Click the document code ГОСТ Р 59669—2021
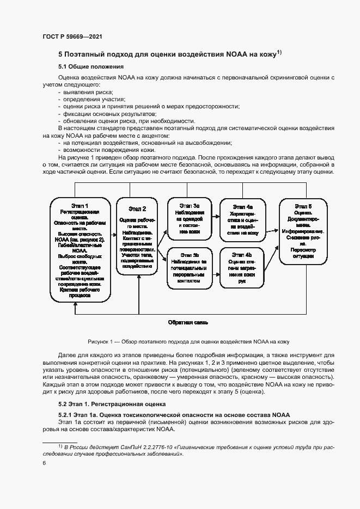(72, 36)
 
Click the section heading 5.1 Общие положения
(89, 66)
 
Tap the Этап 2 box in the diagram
(137, 237)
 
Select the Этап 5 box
(303, 231)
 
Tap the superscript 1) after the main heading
(278, 52)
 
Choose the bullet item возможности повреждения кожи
(103, 149)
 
